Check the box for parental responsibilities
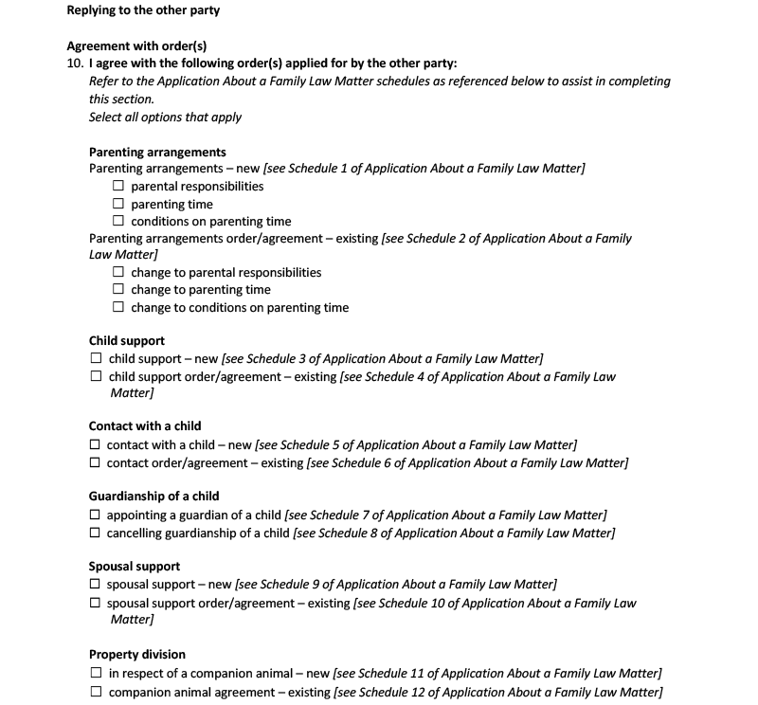[x=118, y=187]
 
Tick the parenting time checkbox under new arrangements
[x=118, y=204]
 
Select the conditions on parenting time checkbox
[x=118, y=222]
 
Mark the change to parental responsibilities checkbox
[x=118, y=273]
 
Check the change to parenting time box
[x=118, y=290]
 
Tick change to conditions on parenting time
[x=118, y=307]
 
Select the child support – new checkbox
[x=96, y=359]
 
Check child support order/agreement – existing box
[x=96, y=376]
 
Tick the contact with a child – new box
[x=95, y=444]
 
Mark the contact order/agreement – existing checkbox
[x=95, y=462]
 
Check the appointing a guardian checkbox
[x=95, y=515]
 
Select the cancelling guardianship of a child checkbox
[x=95, y=533]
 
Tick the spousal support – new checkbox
[x=95, y=585]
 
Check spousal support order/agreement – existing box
[x=95, y=603]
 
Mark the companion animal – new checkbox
[x=96, y=673]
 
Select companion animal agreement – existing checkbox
[x=96, y=692]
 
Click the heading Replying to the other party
[x=143, y=10]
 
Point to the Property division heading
[x=137, y=655]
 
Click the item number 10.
[x=75, y=63]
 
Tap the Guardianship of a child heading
[x=153, y=497]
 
